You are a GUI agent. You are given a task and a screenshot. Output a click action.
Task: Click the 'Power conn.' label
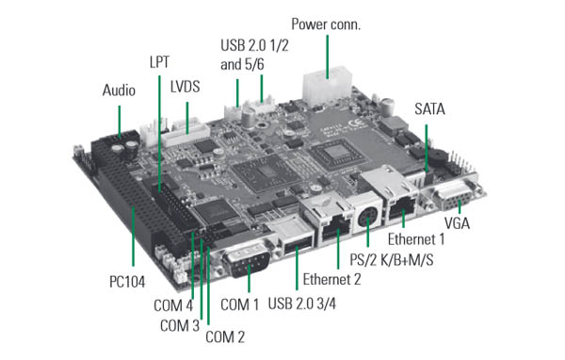326,25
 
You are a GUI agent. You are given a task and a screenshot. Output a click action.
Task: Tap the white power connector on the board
327,86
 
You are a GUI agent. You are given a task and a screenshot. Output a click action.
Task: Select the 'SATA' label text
429,109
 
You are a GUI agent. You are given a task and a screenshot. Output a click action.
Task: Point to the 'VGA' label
457,223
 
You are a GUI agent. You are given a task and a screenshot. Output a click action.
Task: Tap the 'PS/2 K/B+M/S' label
392,260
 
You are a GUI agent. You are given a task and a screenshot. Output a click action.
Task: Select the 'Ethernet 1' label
416,239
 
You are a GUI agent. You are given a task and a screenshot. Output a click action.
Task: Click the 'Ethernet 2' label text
331,279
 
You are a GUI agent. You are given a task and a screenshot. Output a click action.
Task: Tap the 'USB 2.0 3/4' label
302,303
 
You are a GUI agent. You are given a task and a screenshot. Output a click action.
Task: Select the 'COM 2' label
225,337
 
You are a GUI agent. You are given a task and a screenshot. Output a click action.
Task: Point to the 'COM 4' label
173,305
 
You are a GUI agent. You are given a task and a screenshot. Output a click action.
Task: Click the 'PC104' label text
127,282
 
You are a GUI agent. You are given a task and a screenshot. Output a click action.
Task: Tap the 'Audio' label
119,90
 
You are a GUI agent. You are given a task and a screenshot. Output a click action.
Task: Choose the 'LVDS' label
186,87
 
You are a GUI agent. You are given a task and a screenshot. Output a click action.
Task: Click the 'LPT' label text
159,62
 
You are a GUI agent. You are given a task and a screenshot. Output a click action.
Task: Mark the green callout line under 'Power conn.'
327,57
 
